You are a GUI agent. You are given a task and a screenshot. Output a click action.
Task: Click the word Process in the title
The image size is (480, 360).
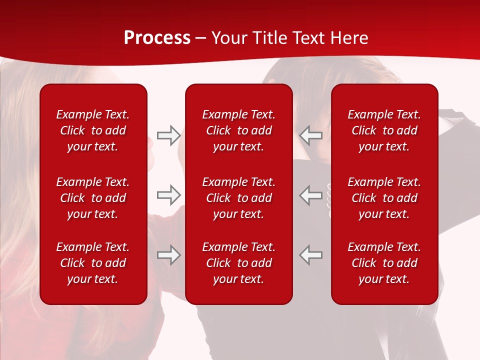[157, 38]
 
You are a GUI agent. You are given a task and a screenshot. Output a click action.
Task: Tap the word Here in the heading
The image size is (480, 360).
[349, 38]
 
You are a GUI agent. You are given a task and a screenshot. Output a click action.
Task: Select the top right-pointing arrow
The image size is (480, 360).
[168, 135]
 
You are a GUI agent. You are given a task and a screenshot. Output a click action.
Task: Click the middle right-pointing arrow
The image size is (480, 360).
[168, 194]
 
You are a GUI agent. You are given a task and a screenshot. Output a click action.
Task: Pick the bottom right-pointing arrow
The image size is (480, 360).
[168, 255]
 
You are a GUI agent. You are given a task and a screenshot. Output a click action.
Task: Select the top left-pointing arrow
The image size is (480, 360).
[311, 135]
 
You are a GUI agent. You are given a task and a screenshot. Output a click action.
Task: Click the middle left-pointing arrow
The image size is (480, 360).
[311, 194]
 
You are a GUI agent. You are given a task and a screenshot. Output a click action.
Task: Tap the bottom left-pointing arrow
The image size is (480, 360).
[311, 255]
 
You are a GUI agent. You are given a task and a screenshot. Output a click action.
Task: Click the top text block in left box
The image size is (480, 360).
[93, 130]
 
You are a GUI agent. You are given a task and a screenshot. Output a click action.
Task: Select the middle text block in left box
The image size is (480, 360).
[93, 198]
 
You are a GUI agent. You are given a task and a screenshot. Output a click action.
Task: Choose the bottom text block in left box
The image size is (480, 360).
[93, 263]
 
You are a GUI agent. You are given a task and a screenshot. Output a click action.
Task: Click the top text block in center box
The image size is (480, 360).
[238, 130]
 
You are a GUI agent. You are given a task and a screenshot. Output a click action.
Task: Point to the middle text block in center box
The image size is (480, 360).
[238, 198]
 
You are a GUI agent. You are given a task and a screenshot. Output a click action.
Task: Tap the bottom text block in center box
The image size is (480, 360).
[238, 263]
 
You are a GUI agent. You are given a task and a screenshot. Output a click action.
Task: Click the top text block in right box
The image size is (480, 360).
[384, 130]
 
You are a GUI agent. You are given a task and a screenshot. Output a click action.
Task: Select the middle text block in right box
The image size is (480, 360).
[384, 198]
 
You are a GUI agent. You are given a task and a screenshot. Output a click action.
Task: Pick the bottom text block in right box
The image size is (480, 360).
[384, 263]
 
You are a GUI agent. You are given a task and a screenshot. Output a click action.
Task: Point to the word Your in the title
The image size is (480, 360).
[229, 38]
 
